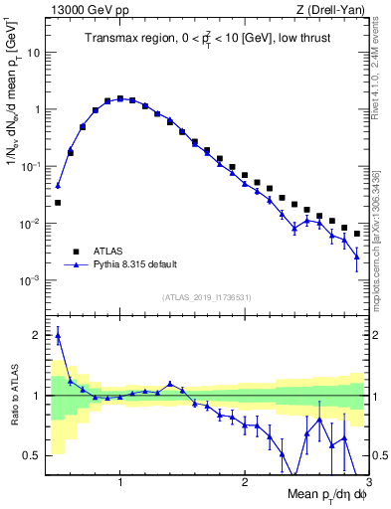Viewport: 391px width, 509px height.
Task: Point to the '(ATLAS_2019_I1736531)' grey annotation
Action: coord(207,296)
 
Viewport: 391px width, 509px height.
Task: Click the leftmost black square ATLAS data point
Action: coord(58,203)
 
